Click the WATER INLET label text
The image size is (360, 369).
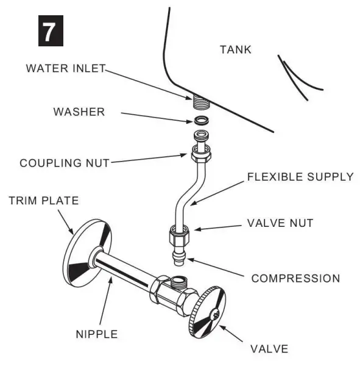66,68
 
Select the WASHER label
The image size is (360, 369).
79,112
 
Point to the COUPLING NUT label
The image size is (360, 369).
64,163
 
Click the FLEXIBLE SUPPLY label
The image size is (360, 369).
300,177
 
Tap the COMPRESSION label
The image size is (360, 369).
295,279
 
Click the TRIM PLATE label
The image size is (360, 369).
43,200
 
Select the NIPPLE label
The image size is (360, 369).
97,334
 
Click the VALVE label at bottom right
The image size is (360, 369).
269,349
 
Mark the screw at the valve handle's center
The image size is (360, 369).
214,315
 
